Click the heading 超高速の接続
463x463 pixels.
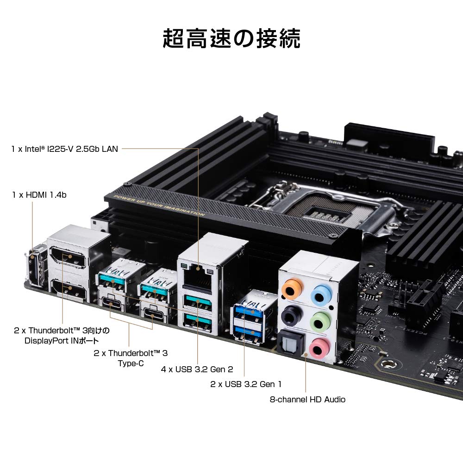pos(231,38)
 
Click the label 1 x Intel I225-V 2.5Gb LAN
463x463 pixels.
pos(65,149)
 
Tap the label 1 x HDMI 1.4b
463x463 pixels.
pos(39,195)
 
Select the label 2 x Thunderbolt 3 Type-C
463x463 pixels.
pos(131,358)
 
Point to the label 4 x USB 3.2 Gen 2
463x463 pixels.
pos(197,369)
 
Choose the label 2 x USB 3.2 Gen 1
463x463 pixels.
pos(245,384)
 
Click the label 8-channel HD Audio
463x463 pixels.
pos(307,399)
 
